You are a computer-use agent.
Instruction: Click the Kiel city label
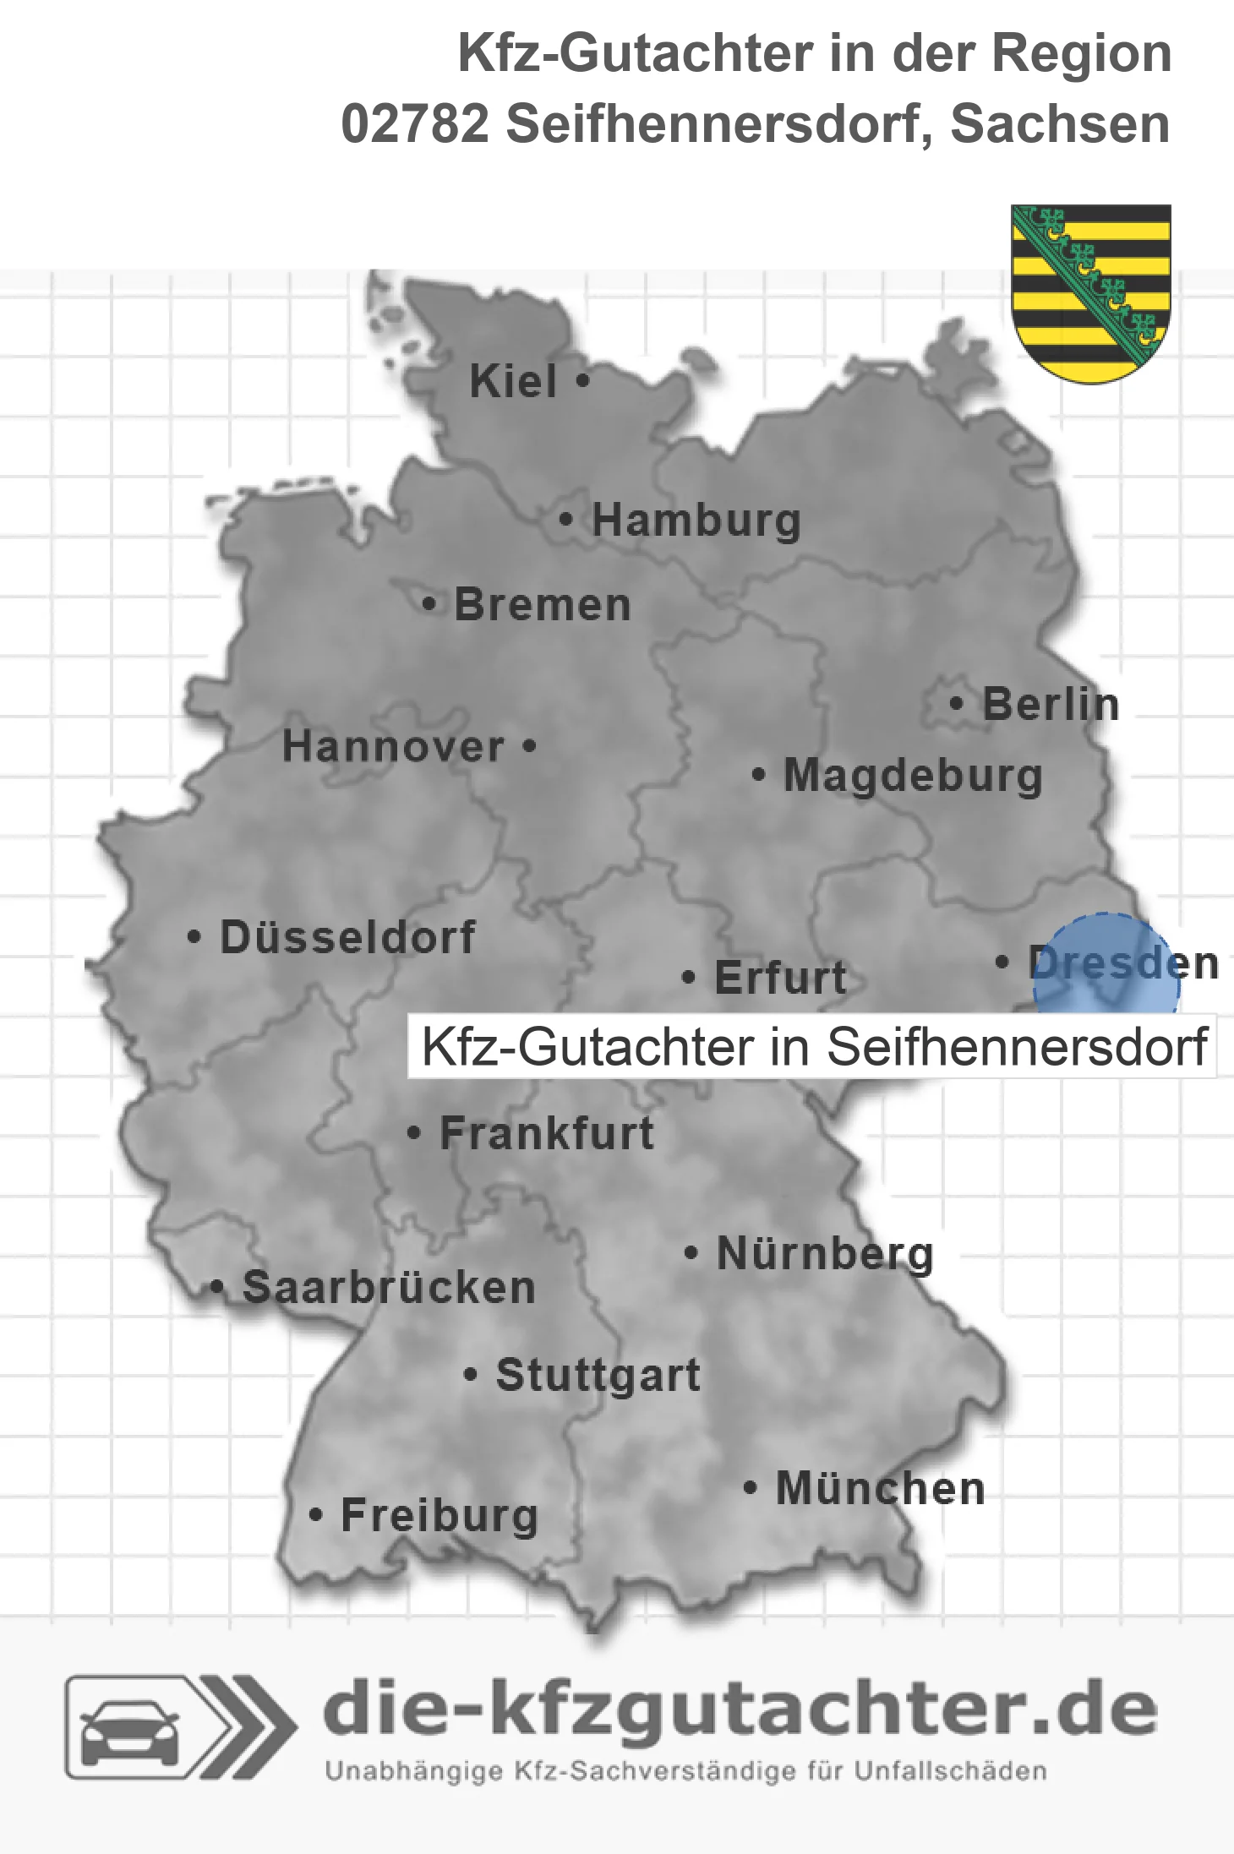(513, 382)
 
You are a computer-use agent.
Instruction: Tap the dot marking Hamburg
(566, 520)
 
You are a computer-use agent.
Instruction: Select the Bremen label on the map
(543, 605)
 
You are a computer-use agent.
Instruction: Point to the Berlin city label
(1051, 705)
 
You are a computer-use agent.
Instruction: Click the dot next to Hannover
(530, 746)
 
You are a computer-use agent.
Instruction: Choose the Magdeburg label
(913, 776)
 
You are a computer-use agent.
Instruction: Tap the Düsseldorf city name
(347, 937)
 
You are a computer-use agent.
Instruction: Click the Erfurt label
(780, 978)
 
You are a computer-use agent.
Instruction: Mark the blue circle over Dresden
(1106, 963)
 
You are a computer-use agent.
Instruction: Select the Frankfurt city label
(547, 1133)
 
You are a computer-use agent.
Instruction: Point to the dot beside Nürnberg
(691, 1252)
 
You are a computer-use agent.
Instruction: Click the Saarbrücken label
(389, 1288)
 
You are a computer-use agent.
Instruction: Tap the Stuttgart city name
(598, 1375)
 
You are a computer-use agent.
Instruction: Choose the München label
(881, 1488)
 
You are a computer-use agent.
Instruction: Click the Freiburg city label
(440, 1516)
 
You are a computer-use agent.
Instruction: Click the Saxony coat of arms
(1091, 292)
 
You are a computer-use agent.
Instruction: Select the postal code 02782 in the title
(415, 124)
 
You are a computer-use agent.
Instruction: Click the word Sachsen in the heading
(1060, 124)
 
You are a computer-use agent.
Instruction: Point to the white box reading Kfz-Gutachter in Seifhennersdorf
(811, 1047)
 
